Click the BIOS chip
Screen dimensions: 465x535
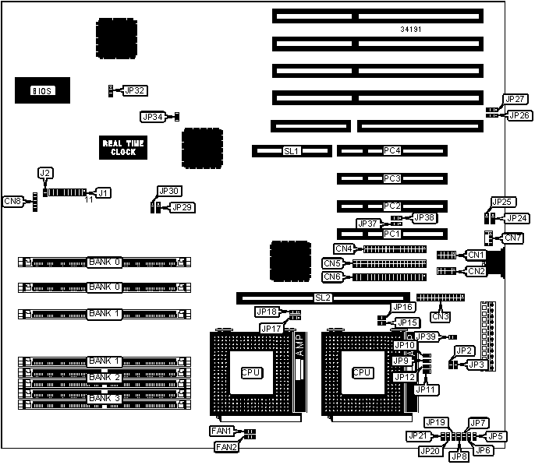coord(41,90)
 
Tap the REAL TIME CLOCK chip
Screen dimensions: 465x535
coord(123,147)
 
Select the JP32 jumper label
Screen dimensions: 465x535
coord(135,90)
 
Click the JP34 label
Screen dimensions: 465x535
coord(153,117)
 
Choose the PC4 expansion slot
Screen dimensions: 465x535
coord(392,150)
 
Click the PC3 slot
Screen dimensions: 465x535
coord(392,178)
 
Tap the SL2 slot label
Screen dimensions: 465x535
coord(323,298)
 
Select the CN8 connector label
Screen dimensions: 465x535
coord(13,202)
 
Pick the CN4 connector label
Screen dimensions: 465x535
coord(344,249)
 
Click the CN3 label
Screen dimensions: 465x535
coord(441,315)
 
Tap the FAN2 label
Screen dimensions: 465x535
coord(226,446)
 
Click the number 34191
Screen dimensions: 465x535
coord(412,30)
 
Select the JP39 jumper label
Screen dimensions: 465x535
coord(426,336)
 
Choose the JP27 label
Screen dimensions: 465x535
coord(515,100)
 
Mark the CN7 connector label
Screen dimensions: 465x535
coord(513,237)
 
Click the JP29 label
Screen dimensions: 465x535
coord(182,207)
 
